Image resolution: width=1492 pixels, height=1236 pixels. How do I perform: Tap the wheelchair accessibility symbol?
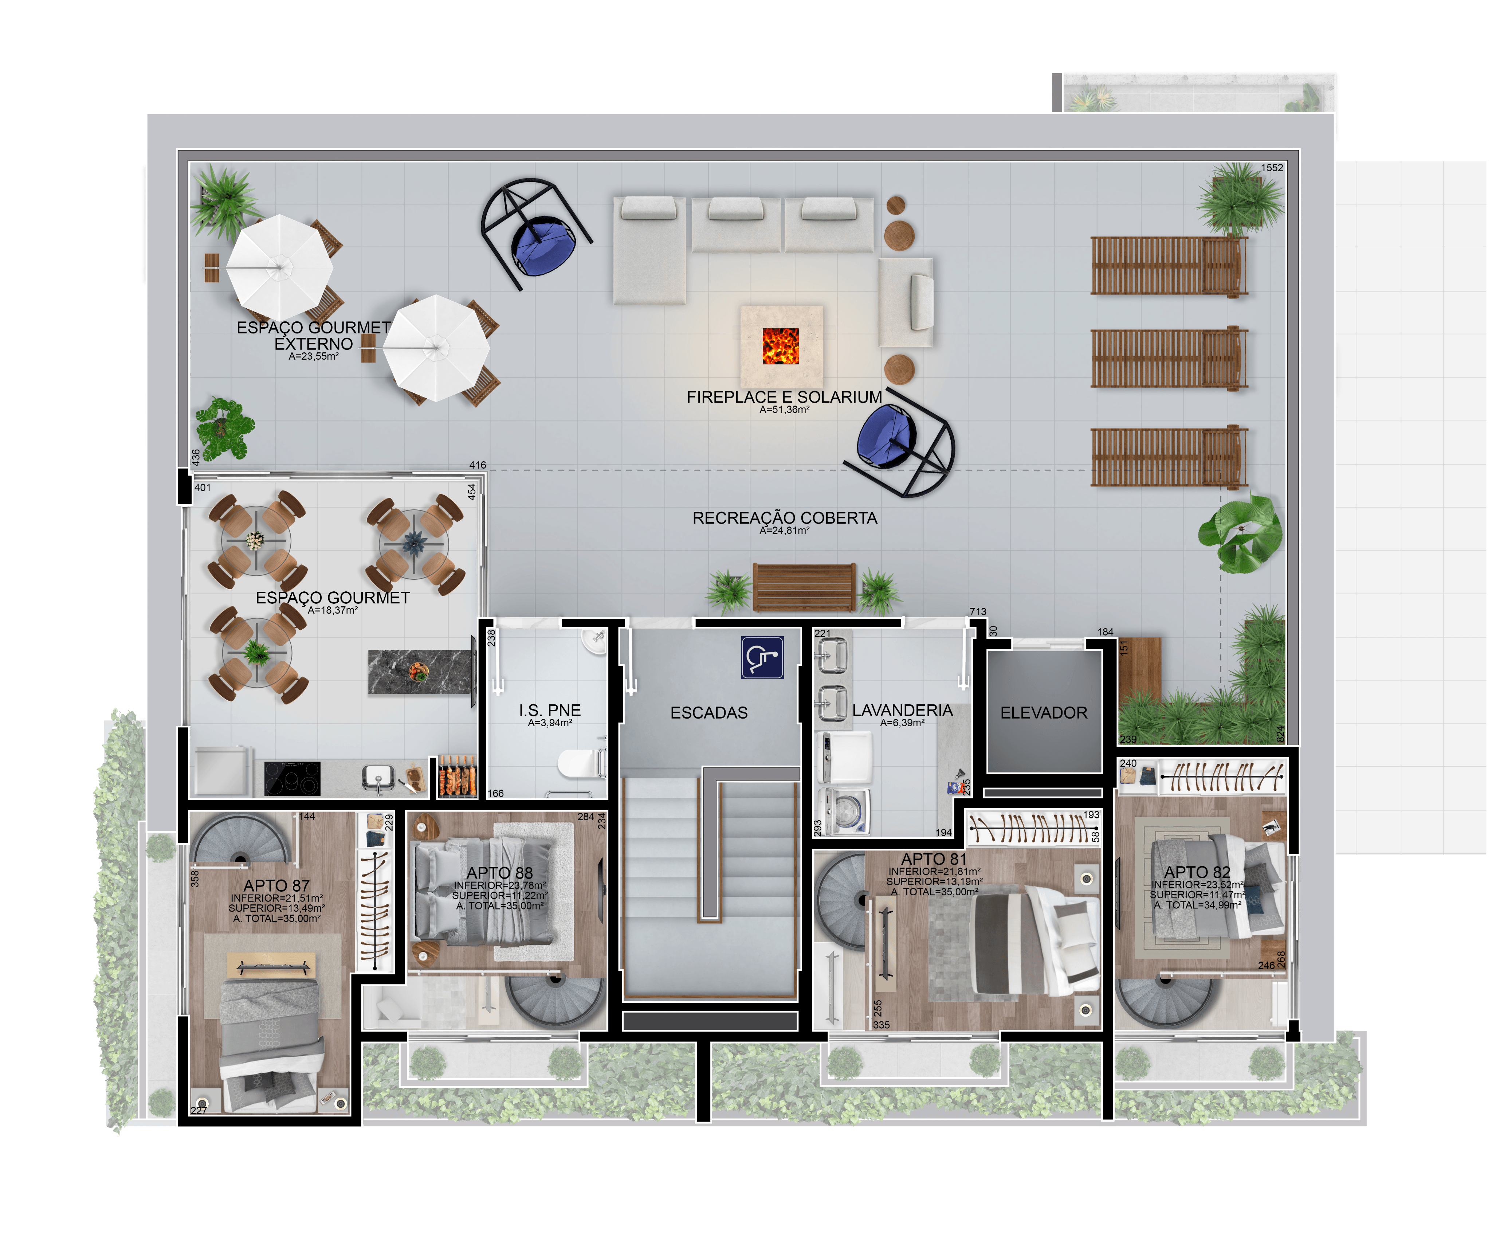(x=762, y=657)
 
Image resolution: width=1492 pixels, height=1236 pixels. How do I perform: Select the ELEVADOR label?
(x=1044, y=713)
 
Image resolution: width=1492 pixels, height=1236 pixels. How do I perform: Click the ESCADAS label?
(x=709, y=713)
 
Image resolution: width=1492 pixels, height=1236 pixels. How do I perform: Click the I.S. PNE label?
(x=550, y=710)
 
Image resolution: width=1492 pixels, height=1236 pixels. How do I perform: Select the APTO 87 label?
(x=276, y=885)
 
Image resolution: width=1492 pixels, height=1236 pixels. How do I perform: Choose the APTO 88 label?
(x=499, y=873)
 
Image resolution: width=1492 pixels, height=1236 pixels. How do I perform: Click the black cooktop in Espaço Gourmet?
(x=292, y=778)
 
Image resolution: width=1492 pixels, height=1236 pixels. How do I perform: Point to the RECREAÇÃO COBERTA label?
(x=785, y=518)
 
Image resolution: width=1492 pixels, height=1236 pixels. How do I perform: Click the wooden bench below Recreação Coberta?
(x=804, y=587)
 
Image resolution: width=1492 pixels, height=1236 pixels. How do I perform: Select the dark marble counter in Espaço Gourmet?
(x=420, y=672)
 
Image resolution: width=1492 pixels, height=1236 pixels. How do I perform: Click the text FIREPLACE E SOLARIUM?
(x=784, y=397)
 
